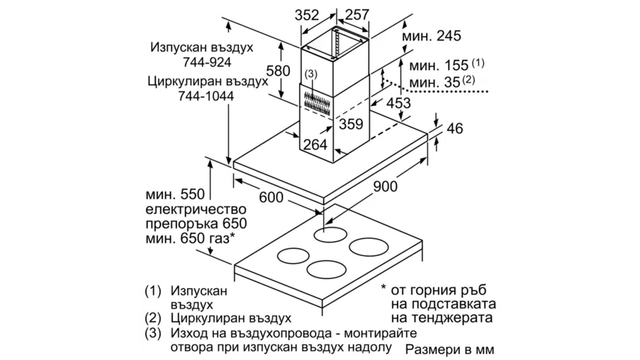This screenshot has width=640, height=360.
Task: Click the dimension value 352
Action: coord(306,15)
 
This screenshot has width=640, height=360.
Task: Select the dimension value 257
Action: coord(357,15)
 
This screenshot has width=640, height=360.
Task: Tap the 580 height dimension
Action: coord(278,71)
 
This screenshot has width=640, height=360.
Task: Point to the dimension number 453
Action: coord(398,103)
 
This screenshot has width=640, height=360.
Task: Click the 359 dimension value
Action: coord(351,124)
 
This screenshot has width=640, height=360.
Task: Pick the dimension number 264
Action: coord(315,144)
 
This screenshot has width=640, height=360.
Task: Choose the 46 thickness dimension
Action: coord(455,129)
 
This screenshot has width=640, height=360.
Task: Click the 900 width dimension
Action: coord(385,186)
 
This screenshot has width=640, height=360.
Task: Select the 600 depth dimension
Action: coord(271,198)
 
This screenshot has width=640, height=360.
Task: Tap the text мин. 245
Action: coord(432,36)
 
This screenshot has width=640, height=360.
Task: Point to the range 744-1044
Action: coord(206,96)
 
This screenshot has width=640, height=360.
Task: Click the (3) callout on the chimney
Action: coord(311,74)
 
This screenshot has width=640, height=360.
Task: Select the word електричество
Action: coord(196,210)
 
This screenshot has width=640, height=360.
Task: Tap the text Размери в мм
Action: coord(450,350)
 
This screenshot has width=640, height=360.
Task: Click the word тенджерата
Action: coord(442,318)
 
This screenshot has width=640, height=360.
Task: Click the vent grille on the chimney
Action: coord(316,102)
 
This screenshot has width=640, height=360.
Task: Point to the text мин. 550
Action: coord(175,194)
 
